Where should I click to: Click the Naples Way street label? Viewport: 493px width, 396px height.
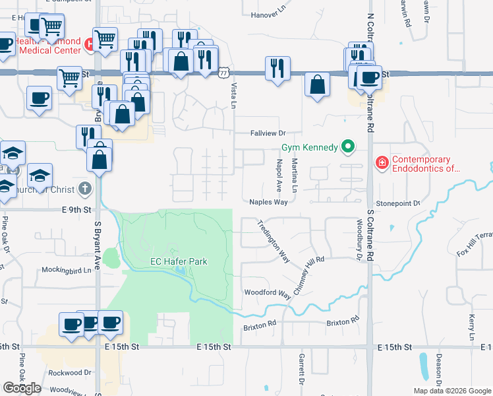[x=268, y=203]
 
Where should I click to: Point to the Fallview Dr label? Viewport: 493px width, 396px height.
[x=266, y=133]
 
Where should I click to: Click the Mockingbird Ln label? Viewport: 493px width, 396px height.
[x=66, y=269]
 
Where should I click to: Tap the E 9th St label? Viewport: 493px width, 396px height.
[x=76, y=210]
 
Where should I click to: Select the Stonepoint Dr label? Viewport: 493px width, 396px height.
[x=398, y=204]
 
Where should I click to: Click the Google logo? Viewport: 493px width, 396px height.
[x=22, y=388]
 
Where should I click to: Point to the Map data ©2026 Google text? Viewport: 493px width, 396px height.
[x=451, y=391]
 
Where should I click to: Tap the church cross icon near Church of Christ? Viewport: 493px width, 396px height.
[x=84, y=189]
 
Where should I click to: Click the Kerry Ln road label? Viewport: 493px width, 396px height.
[x=473, y=327]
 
